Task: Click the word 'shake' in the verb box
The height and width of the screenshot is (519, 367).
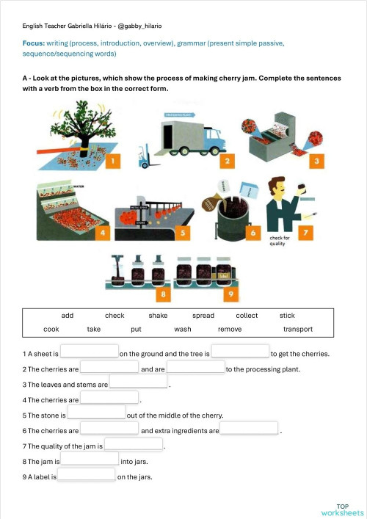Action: pyautogui.click(x=158, y=316)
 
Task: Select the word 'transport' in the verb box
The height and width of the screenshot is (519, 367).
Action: pyautogui.click(x=298, y=330)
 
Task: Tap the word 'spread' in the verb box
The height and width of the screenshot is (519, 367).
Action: pyautogui.click(x=203, y=316)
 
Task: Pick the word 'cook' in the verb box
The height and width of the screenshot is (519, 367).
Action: pyautogui.click(x=51, y=330)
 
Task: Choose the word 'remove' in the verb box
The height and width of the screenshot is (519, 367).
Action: pyautogui.click(x=230, y=330)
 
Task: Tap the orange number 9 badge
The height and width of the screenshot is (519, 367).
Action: pyautogui.click(x=229, y=294)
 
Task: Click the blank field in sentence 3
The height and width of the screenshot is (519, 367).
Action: pyautogui.click(x=138, y=384)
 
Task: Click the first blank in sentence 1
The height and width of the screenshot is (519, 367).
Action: pyautogui.click(x=89, y=353)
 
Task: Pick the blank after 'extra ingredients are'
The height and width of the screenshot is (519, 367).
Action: pyautogui.click(x=250, y=430)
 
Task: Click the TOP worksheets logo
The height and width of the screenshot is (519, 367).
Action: pyautogui.click(x=342, y=509)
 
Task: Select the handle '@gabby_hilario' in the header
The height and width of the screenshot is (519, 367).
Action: pyautogui.click(x=139, y=26)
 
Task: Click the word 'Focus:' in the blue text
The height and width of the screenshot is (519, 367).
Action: pyautogui.click(x=34, y=43)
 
